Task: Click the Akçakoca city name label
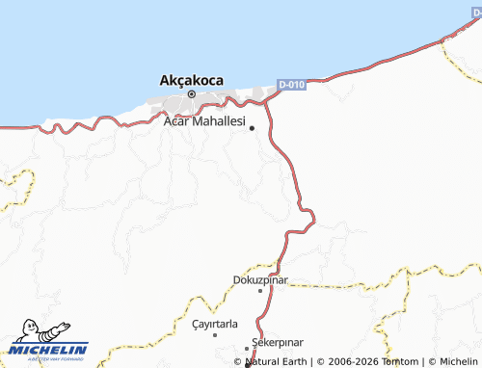[x=192, y=80]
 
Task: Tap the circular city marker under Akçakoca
[x=192, y=93]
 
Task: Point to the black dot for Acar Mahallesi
[x=253, y=127]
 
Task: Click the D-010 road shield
[x=291, y=85]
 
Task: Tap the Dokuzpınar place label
[x=260, y=280]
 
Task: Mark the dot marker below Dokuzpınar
[x=260, y=290]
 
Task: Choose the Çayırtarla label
[x=214, y=324]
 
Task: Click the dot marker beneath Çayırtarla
[x=215, y=334]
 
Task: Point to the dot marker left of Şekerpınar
[x=247, y=348]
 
